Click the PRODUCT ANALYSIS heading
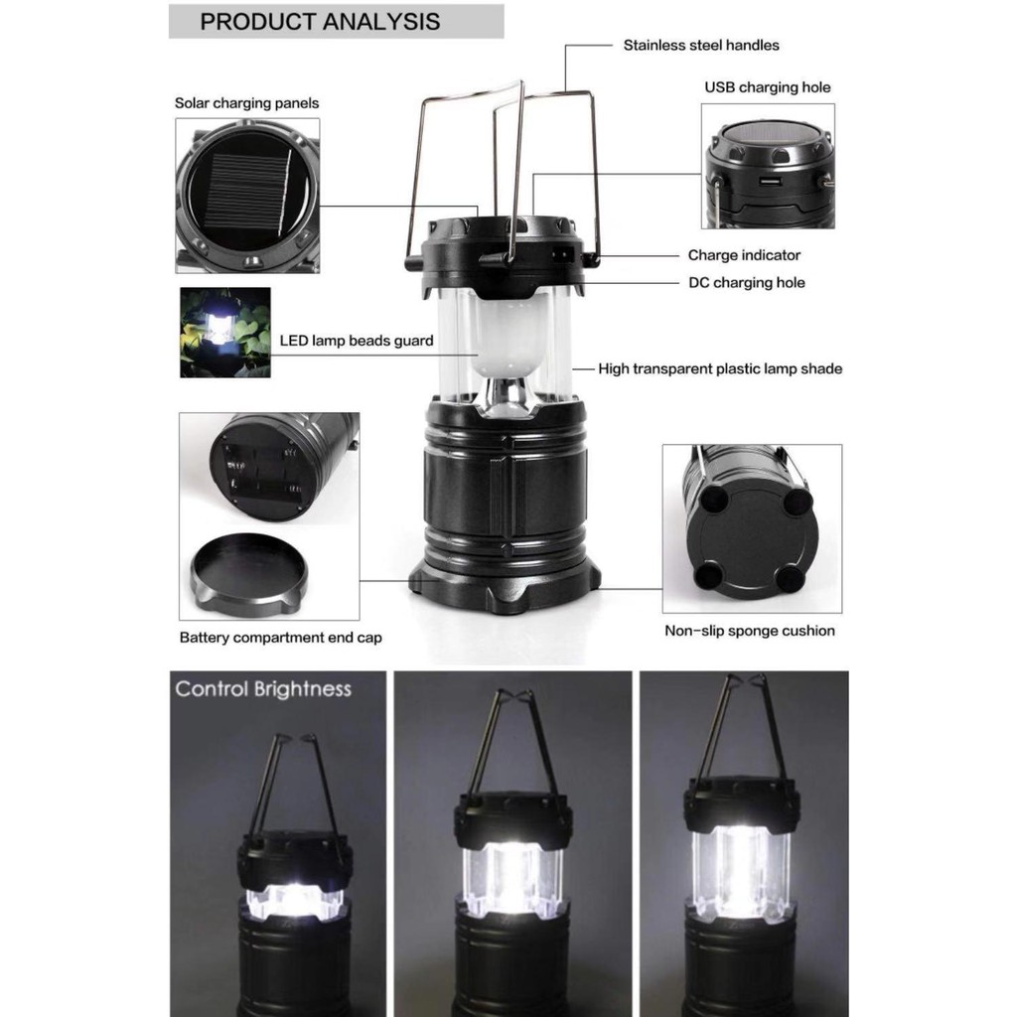(320, 22)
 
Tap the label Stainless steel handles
(701, 46)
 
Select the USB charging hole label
(768, 87)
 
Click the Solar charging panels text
(246, 103)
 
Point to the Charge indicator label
(744, 255)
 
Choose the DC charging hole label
(747, 283)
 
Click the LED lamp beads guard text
(357, 342)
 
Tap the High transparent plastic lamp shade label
(720, 369)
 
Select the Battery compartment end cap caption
(280, 638)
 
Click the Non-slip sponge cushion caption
(750, 631)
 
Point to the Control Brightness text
(263, 689)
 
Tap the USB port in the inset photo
(770, 181)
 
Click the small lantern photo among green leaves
(225, 332)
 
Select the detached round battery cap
(249, 573)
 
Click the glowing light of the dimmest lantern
(294, 900)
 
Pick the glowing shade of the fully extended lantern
(740, 870)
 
